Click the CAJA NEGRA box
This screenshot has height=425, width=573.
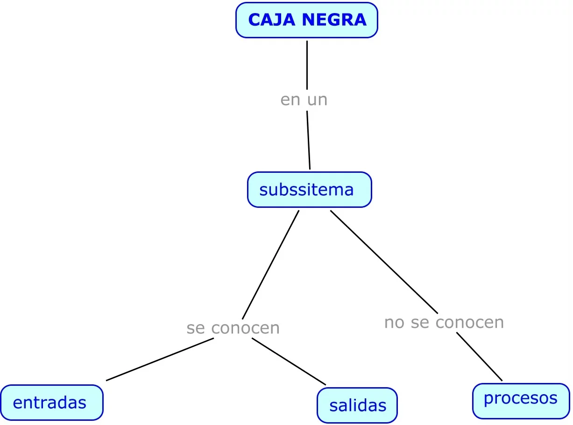pos(306,20)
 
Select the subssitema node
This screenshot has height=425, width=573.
pos(309,190)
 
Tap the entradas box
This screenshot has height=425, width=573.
pos(51,403)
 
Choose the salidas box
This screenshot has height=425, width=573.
pos(357,405)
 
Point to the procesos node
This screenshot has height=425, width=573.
pos(521,400)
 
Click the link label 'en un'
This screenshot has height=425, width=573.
pos(304,99)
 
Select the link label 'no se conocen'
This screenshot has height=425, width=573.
pos(444,322)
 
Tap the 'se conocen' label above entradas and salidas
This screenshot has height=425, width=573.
pos(233,328)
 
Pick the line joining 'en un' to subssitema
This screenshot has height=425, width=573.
pos(308,140)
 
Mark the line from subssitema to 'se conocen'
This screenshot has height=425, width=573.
pos(271,264)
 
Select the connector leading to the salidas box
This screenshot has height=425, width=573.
pos(289,361)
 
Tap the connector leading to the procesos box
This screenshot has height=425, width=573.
pos(479,356)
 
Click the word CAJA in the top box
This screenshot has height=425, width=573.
pos(272,20)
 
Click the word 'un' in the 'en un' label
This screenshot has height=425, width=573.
pos(318,100)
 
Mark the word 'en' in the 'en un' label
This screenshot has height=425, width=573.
pos(290,100)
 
